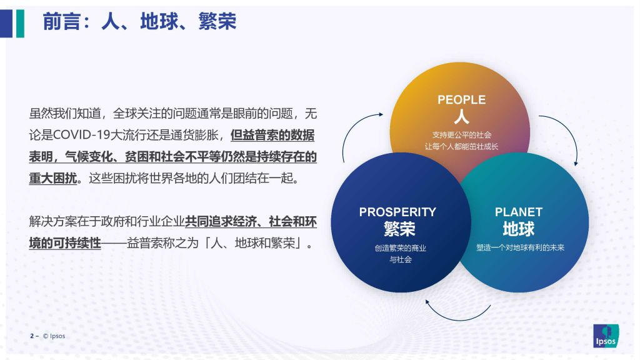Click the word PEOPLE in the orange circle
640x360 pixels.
coord(462,100)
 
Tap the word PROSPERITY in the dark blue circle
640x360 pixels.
coord(397,212)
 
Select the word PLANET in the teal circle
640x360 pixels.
coord(519,212)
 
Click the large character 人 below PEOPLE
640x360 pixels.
coord(462,117)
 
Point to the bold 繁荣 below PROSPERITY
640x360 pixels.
coord(399,229)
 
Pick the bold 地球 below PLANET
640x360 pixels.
coord(519,229)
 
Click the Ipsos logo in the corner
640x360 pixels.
coord(606,336)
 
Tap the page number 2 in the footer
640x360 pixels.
coord(32,336)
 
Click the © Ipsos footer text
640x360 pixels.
coord(54,336)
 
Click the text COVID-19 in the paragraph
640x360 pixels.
coord(82,135)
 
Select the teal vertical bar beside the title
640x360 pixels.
coord(20,23)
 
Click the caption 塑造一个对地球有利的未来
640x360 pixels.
coord(521,247)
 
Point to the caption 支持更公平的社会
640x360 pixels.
coord(462,135)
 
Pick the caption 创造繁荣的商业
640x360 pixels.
coord(401,247)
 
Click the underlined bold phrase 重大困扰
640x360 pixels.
coord(52,178)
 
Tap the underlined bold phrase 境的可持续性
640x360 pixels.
coord(65,243)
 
